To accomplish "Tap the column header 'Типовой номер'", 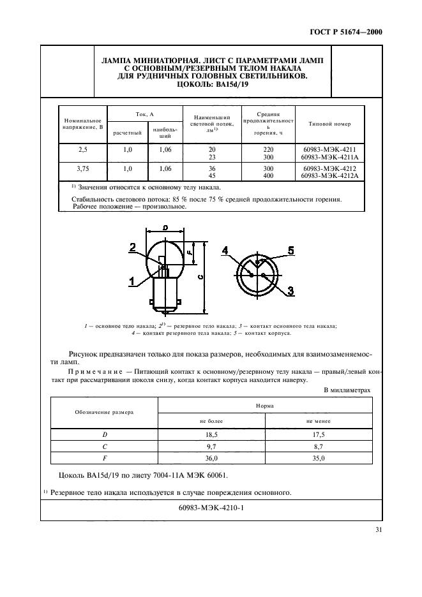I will click(329, 124).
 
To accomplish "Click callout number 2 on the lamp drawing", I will click(132, 247).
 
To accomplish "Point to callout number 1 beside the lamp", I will click(132, 280).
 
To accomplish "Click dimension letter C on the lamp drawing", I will click(200, 276).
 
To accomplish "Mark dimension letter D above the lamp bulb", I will click(165, 227).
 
